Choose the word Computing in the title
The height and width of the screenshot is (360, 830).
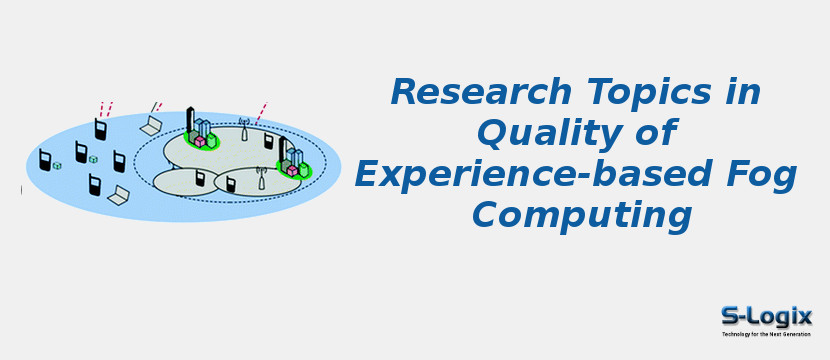pos(582,215)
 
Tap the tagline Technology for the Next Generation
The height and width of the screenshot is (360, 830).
pos(767,334)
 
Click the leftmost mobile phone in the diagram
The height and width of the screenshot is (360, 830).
pos(45,159)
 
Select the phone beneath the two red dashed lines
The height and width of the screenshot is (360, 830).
pos(101,129)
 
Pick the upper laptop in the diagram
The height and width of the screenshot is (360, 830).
pos(151,125)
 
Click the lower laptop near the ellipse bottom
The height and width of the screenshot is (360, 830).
pos(119,194)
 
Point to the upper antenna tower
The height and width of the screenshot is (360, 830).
pos(243,130)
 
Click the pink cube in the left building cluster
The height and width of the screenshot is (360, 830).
pos(200,141)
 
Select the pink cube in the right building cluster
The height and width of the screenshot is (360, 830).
pos(292,170)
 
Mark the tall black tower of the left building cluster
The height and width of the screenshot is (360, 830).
pos(190,120)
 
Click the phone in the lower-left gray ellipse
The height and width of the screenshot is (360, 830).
pos(200,178)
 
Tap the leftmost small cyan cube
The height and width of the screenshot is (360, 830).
pos(57,165)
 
